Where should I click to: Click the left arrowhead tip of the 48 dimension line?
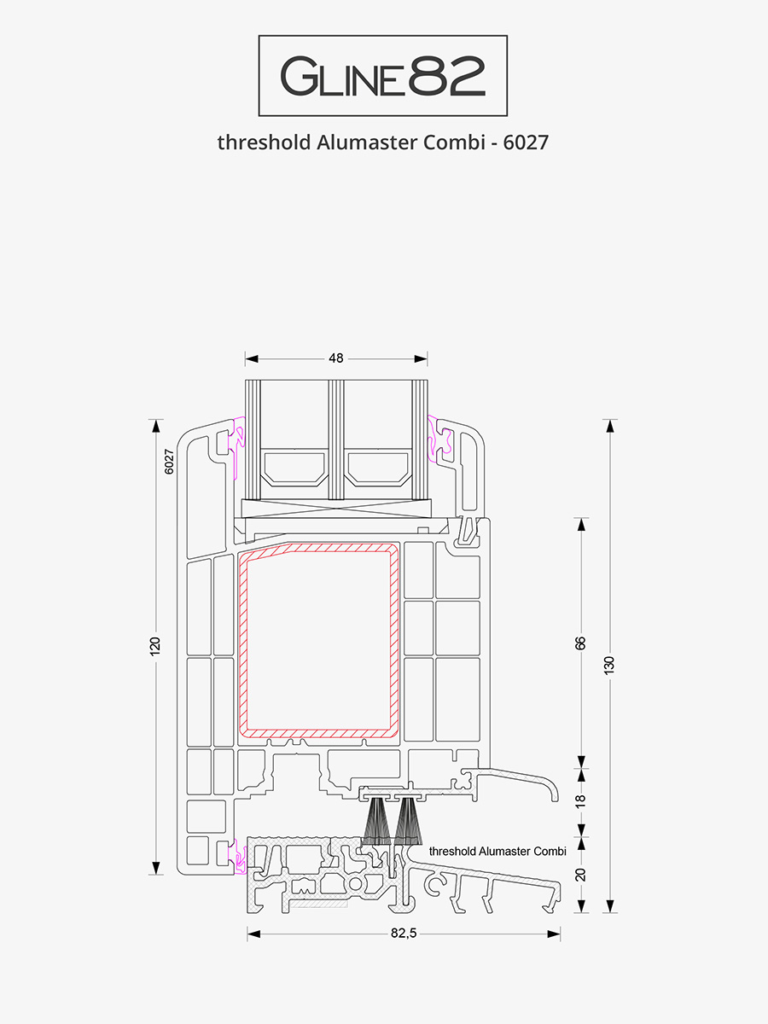coord(246,358)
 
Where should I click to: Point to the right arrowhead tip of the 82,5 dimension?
coord(560,934)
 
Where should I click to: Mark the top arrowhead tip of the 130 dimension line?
coord(610,420)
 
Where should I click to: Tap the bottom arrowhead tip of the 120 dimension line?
coord(156,875)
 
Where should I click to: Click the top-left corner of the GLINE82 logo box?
coord(259,36)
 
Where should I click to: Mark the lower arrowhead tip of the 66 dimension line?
coord(581,768)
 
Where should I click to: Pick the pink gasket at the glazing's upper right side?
coord(439,439)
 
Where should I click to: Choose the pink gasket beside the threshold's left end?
coord(240,856)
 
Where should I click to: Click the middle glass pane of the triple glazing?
coord(336,439)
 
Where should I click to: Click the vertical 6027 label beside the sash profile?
coord(169,462)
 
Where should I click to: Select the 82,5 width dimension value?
coord(404,934)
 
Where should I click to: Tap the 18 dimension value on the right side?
coord(580,801)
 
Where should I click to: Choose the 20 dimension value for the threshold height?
coord(580,875)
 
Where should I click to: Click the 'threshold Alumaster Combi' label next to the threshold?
coord(497,852)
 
